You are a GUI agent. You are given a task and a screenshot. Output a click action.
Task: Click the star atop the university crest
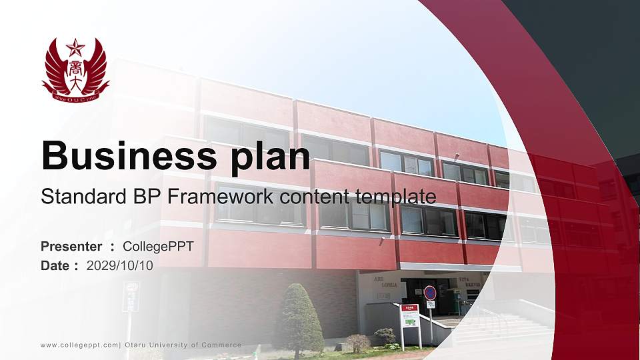[x=75, y=48]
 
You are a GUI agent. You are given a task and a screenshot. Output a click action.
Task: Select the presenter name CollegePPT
[x=158, y=246]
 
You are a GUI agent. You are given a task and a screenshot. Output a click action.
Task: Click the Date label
[x=55, y=265]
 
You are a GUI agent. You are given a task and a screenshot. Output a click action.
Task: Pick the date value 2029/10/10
[x=120, y=265]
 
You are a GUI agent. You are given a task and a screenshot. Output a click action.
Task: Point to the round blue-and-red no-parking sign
[x=430, y=292]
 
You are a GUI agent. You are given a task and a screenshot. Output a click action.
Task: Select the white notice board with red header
[x=410, y=316]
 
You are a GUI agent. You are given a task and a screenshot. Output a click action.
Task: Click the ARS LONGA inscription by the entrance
[x=389, y=281]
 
